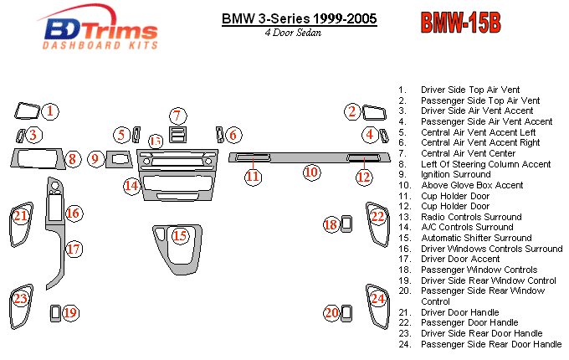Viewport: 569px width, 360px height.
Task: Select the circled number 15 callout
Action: point(180,236)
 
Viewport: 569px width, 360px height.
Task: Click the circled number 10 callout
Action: point(311,172)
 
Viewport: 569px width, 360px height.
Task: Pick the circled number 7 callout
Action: point(177,116)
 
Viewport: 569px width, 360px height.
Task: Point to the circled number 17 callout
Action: point(73,249)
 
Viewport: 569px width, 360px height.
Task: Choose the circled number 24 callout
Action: point(378,298)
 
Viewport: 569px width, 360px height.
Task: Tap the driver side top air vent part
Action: point(28,111)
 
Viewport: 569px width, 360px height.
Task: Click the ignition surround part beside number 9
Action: point(118,158)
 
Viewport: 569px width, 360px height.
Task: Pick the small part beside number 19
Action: point(55,313)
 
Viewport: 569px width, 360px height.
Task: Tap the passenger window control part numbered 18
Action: point(347,224)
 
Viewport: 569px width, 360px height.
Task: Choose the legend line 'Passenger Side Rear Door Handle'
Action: point(491,344)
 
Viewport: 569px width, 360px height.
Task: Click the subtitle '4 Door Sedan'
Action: point(290,33)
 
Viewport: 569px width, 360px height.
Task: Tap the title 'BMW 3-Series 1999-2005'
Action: point(299,18)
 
